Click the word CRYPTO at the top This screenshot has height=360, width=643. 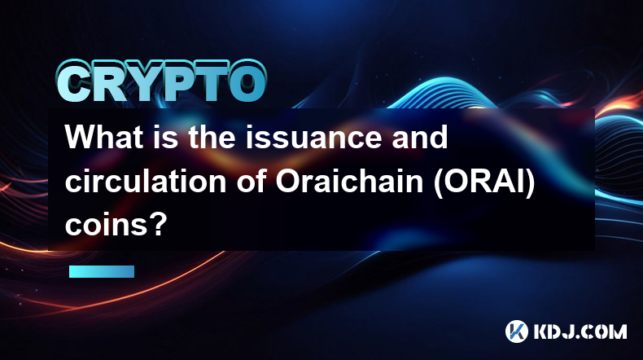(x=162, y=81)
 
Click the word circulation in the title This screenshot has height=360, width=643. (x=146, y=181)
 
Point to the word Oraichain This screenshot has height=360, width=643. (x=349, y=181)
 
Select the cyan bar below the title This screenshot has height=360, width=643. (x=102, y=271)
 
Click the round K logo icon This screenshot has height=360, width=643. (x=517, y=331)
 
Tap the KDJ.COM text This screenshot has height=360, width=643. (x=580, y=331)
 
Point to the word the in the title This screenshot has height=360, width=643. (x=212, y=137)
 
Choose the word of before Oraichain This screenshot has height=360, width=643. (x=251, y=181)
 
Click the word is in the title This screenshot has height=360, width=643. (x=166, y=137)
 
